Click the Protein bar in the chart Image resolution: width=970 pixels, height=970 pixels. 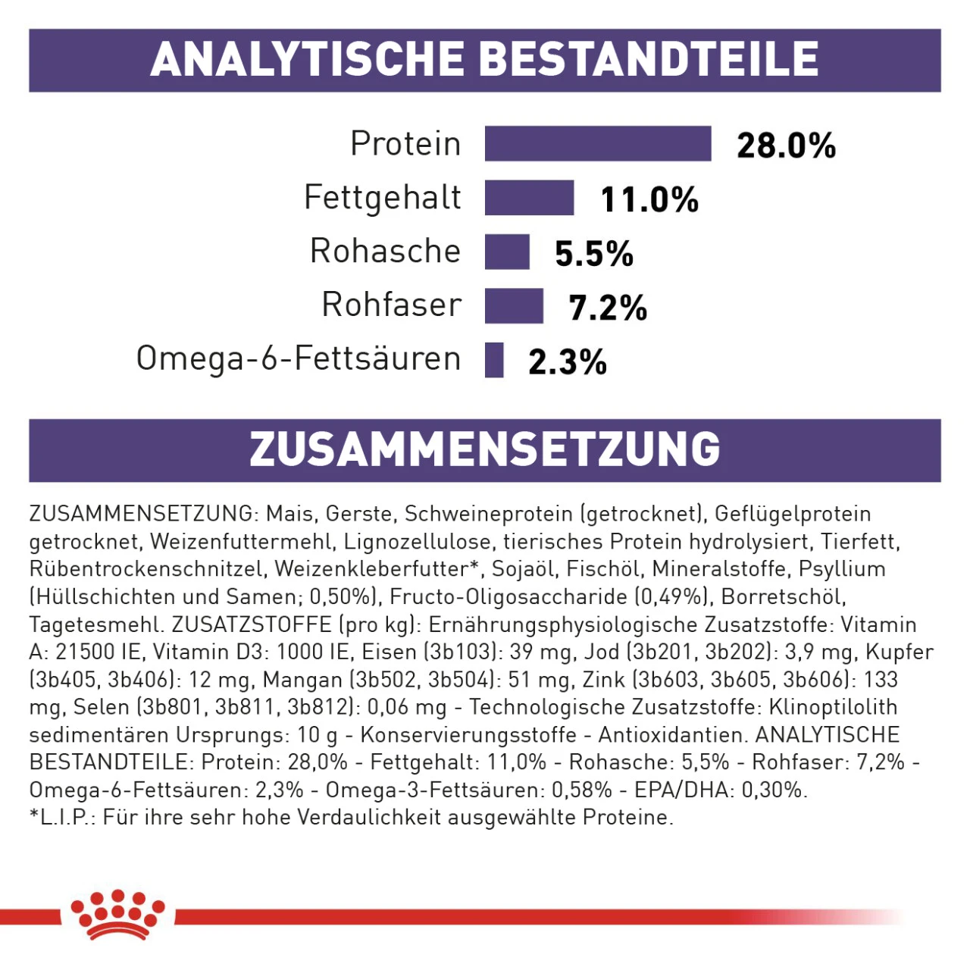pyautogui.click(x=598, y=144)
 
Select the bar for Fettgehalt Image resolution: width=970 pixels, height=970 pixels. pyautogui.click(x=529, y=198)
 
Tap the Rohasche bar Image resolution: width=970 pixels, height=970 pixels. pyautogui.click(x=507, y=252)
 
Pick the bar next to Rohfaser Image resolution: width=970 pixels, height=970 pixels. pyautogui.click(x=514, y=306)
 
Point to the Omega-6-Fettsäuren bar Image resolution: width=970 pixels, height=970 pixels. pyautogui.click(x=494, y=360)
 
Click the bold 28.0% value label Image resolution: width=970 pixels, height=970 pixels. pyautogui.click(x=786, y=145)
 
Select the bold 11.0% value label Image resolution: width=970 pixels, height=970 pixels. pyautogui.click(x=649, y=200)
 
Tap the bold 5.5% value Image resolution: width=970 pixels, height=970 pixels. pyautogui.click(x=593, y=254)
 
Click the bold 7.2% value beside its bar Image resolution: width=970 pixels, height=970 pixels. pyautogui.click(x=608, y=308)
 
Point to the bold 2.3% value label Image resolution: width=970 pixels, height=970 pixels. pyautogui.click(x=568, y=362)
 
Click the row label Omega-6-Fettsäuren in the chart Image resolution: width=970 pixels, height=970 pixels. pyautogui.click(x=299, y=358)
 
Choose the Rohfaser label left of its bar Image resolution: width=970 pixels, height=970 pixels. pyautogui.click(x=391, y=305)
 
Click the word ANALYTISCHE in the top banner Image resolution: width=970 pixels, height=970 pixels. pyautogui.click(x=307, y=59)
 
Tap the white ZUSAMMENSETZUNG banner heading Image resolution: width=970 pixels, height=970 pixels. pyautogui.click(x=485, y=449)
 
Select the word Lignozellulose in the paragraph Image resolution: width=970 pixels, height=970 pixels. pyautogui.click(x=417, y=542)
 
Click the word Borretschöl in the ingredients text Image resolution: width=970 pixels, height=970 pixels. pyautogui.click(x=783, y=597)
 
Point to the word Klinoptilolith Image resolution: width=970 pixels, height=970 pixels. pyautogui.click(x=833, y=707)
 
